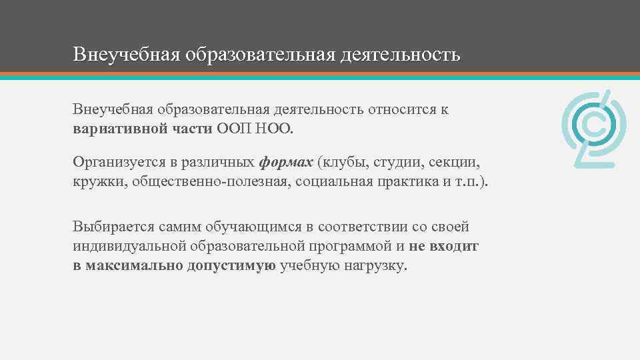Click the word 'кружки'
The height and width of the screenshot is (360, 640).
point(95,181)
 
